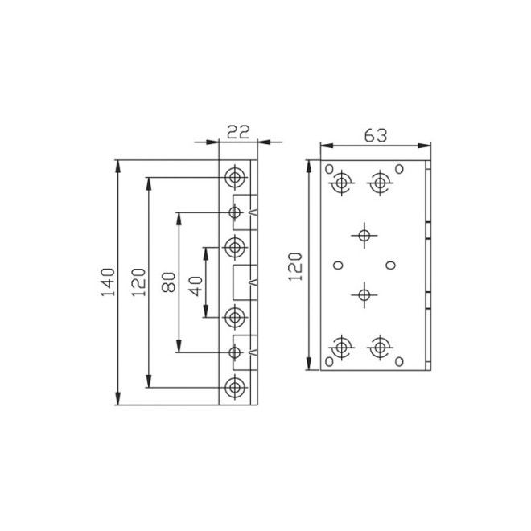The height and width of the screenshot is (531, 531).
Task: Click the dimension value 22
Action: [238, 132]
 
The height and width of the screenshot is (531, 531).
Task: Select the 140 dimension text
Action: [108, 282]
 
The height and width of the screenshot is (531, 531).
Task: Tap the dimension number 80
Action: [169, 282]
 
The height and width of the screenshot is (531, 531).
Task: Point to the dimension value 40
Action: [196, 286]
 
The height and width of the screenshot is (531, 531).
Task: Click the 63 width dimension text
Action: [376, 136]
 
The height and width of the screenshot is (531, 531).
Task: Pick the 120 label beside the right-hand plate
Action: [295, 266]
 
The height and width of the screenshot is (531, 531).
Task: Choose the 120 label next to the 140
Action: [138, 282]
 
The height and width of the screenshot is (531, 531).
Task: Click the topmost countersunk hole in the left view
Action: [235, 177]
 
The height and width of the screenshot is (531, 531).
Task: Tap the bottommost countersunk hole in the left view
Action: [235, 387]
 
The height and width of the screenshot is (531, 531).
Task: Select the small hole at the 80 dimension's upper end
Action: [235, 212]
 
